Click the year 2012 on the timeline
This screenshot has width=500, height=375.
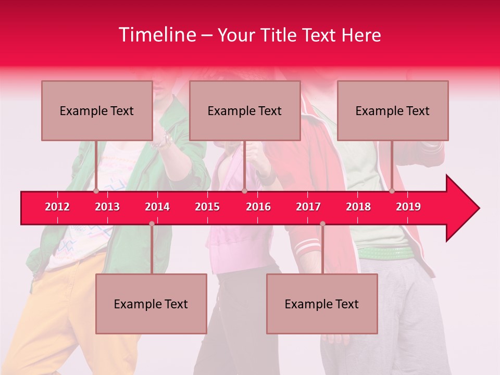click(57, 207)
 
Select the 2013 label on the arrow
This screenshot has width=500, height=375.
click(107, 207)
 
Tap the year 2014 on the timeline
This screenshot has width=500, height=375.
click(157, 207)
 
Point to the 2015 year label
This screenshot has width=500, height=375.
click(207, 207)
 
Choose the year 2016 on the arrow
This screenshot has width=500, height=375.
click(258, 207)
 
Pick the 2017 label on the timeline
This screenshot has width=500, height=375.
click(308, 207)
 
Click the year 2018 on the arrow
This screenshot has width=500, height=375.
click(358, 207)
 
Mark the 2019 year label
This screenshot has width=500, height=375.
click(408, 207)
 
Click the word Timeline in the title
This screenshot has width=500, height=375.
click(156, 35)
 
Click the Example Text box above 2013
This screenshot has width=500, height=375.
click(97, 110)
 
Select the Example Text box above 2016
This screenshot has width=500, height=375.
click(245, 110)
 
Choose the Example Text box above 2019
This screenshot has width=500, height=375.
click(393, 110)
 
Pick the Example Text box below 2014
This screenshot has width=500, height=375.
click(151, 304)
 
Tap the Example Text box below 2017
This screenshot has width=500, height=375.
click(322, 304)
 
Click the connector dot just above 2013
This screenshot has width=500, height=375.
click(96, 191)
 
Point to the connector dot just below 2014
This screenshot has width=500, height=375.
click(152, 224)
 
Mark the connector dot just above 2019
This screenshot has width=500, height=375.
click(392, 191)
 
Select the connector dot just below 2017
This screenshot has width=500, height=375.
click(322, 224)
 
